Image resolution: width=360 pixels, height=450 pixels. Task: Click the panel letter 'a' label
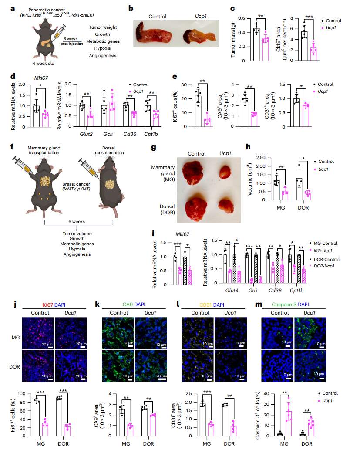(x=13, y=9)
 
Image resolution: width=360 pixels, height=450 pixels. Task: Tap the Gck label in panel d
(x=108, y=134)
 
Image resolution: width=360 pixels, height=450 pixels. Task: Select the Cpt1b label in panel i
(x=296, y=291)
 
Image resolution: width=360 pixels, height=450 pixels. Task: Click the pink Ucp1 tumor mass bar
(x=266, y=49)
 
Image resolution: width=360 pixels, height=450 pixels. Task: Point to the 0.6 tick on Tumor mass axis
(x=242, y=18)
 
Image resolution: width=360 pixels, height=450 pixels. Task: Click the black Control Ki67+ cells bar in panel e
(x=198, y=112)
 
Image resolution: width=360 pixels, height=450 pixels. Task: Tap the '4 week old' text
(x=44, y=64)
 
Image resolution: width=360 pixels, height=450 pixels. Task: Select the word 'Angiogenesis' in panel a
(x=103, y=56)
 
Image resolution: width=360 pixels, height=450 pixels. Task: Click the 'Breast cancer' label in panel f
(x=76, y=184)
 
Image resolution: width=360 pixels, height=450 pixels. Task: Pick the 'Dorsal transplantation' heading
(x=109, y=150)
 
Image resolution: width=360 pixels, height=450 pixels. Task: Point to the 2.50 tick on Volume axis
(x=261, y=158)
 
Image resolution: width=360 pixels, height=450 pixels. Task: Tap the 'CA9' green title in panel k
(x=128, y=305)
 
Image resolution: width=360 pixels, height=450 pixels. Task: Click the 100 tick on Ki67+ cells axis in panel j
(x=21, y=394)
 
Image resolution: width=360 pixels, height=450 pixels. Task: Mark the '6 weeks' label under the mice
(x=77, y=222)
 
